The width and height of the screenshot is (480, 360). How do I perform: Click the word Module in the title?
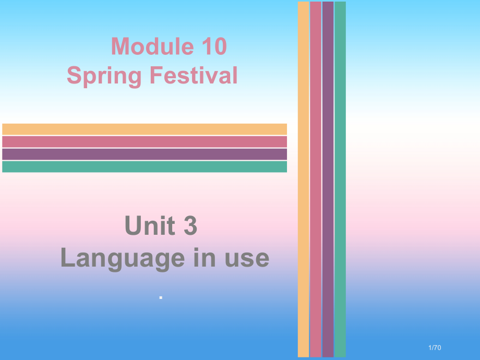click(x=150, y=47)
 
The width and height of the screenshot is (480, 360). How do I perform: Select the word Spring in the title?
click(x=104, y=76)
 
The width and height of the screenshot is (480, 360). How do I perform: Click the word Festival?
click(x=194, y=75)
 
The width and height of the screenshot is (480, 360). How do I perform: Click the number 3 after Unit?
click(x=190, y=226)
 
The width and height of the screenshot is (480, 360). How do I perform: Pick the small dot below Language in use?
click(x=161, y=297)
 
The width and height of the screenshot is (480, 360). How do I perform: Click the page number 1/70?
click(x=434, y=348)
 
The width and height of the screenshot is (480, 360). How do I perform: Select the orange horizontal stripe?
click(x=145, y=129)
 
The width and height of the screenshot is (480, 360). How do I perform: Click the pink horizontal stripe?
click(x=145, y=141)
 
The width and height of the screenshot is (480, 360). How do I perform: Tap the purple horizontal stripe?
click(x=145, y=154)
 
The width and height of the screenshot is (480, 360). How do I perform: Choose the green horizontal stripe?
click(x=145, y=166)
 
